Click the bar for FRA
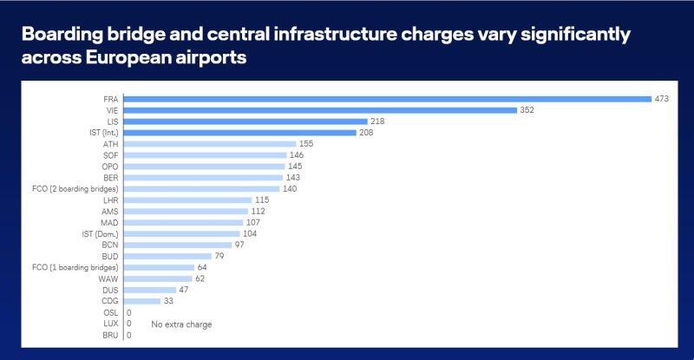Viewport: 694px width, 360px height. [388, 99]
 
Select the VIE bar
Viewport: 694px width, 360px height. [320, 110]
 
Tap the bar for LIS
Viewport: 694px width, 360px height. [246, 121]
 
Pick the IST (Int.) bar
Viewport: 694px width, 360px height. [240, 133]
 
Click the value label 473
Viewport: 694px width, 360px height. [662, 99]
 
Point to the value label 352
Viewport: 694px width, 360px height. [527, 110]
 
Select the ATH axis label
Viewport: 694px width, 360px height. [111, 144]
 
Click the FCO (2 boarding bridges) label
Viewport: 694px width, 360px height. [75, 189]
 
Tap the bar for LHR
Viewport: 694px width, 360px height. [187, 200]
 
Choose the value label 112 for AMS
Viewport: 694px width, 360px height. [258, 211]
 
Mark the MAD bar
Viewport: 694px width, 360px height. [184, 223]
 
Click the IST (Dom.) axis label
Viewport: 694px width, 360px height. [100, 234]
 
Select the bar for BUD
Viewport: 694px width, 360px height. [167, 257]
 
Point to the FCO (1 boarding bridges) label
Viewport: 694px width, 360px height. [75, 267]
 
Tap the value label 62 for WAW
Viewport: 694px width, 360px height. [200, 278]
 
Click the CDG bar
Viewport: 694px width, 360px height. [142, 301]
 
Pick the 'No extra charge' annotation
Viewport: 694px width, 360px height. [181, 324]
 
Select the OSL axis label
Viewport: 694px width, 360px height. [111, 312]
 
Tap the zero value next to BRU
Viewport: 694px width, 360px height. [128, 335]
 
